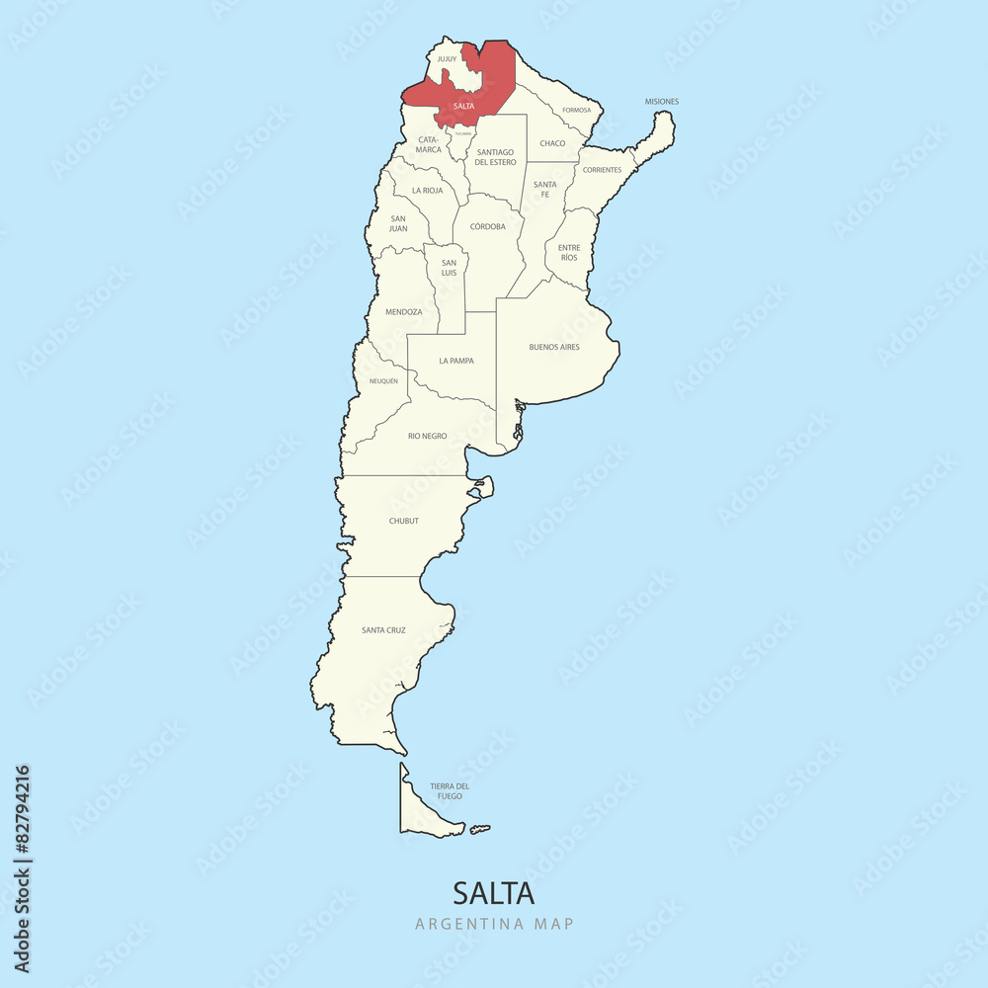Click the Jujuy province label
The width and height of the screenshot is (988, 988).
[x=447, y=59]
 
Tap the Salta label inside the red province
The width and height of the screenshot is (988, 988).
[x=463, y=106]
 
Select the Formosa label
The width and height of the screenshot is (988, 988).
[x=576, y=110]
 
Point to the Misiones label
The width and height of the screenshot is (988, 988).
[x=662, y=101]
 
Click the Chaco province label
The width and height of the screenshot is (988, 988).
[x=552, y=143]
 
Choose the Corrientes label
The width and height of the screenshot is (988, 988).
[x=602, y=170]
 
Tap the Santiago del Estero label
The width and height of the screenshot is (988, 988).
[x=495, y=157]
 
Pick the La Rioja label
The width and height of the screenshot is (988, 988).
[x=428, y=190]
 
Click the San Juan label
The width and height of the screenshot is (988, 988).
[x=398, y=223]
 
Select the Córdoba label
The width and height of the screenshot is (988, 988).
[x=487, y=226]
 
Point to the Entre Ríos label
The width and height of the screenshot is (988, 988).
[x=568, y=252]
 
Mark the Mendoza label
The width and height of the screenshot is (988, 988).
[x=403, y=312]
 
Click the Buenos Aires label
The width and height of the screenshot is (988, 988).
[x=554, y=347]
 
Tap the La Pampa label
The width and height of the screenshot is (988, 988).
[x=455, y=361]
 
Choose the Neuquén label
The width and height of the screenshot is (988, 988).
[x=383, y=380]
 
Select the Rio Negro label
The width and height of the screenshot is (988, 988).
[x=427, y=436]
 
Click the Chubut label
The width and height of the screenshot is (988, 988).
[x=403, y=521]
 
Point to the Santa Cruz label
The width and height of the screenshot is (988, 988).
[x=383, y=629]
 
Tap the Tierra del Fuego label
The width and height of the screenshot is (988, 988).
[x=450, y=790]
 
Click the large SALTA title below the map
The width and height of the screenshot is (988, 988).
[x=493, y=893]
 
